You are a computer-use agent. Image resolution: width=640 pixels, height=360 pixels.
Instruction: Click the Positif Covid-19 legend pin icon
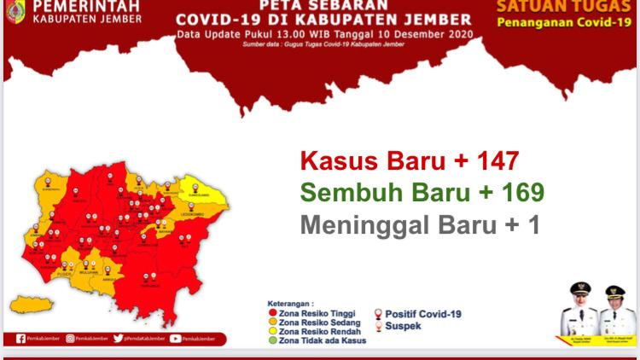coord(378,314)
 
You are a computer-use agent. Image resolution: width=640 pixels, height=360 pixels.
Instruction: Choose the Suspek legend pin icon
coord(378,325)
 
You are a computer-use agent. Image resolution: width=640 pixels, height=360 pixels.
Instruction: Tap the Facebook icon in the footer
coord(20,339)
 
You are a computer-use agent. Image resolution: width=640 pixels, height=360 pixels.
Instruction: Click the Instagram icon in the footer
coord(70,339)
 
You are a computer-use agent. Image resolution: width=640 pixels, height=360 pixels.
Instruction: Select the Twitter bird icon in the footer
coord(118,339)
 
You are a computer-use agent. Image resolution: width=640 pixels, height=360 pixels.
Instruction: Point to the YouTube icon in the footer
coord(175,339)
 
